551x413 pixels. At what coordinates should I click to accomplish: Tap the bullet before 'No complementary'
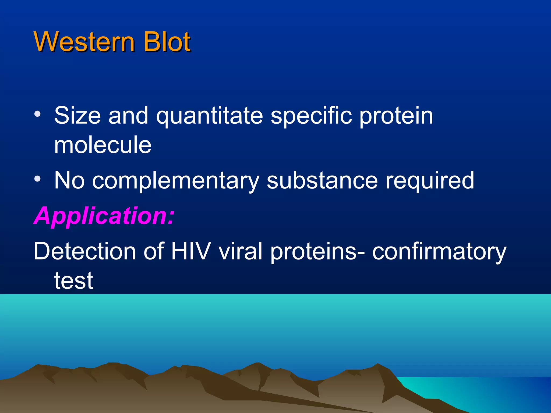pos(37,179)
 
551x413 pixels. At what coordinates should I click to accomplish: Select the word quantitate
pos(210,116)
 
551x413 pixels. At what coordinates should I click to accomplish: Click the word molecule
pos(103,145)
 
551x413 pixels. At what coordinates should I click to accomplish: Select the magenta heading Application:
pos(104,216)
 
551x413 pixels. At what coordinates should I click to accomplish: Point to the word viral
pos(240,251)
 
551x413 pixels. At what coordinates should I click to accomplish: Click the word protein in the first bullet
pos(396,116)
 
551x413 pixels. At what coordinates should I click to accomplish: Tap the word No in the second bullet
pos(69,181)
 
